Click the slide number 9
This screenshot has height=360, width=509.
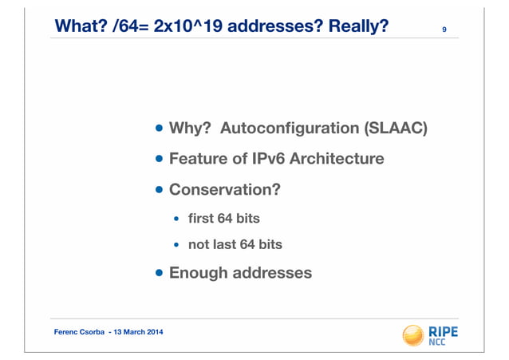click(444, 30)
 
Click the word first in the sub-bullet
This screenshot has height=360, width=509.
click(203, 218)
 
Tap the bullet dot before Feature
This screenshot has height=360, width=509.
click(160, 159)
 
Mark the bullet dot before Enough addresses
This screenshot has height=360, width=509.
click(160, 273)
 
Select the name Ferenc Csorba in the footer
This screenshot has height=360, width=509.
click(79, 331)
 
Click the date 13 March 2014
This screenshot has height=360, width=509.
click(140, 331)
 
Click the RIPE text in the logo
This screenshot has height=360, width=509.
click(444, 330)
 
